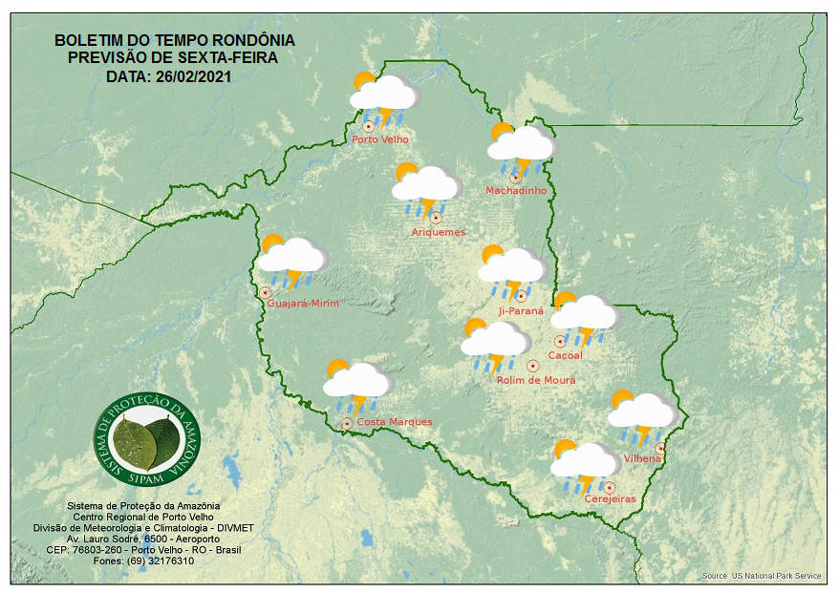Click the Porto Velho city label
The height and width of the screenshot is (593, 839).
click(380, 139)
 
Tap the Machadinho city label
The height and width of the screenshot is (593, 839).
click(516, 191)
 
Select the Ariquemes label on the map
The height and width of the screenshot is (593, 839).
click(439, 232)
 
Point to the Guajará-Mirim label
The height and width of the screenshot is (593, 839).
click(304, 304)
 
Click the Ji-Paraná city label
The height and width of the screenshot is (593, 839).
click(521, 311)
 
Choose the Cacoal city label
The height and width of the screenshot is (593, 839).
click(565, 356)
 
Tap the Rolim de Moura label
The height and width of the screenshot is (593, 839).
click(536, 380)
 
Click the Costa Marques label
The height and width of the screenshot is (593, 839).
click(395, 422)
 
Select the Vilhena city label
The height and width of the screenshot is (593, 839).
click(642, 459)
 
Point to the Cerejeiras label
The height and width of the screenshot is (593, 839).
click(610, 499)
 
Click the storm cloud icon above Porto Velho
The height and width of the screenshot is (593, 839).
click(383, 97)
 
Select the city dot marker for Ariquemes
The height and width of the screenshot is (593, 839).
click(436, 218)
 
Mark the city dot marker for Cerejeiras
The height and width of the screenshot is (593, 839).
click(609, 487)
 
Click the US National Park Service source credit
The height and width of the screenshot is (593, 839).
click(761, 576)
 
